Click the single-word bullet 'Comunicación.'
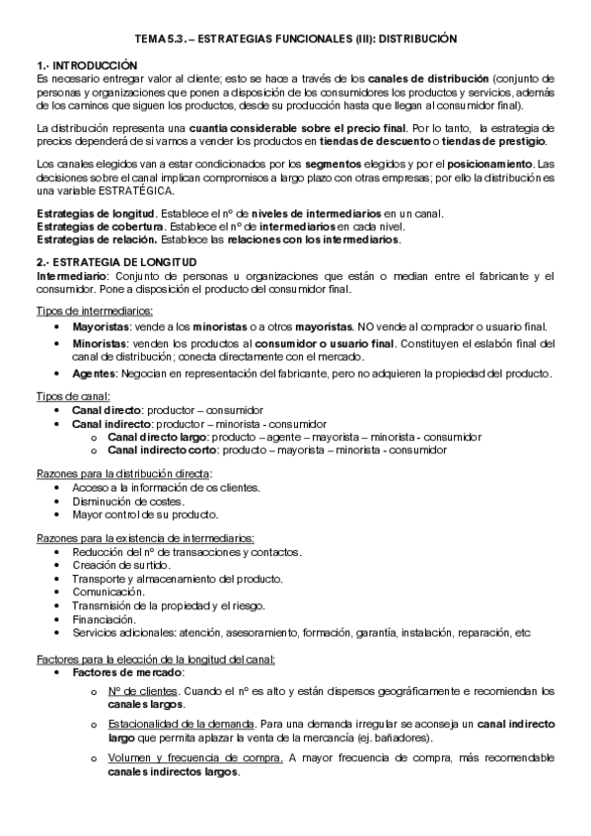click(x=109, y=592)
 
